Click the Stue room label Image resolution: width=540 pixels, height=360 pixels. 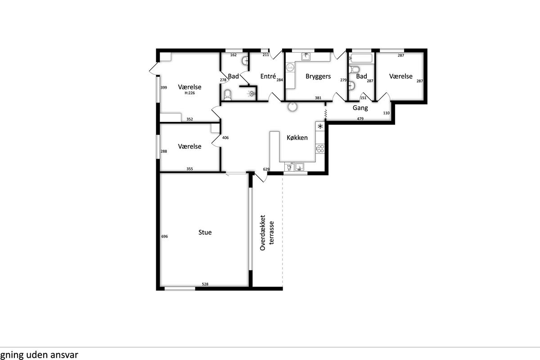pos(205,232)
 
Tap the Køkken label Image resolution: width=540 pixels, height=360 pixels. pos(297,138)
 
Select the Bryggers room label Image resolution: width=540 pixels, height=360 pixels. pos(318,76)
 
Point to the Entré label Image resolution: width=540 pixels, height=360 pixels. pos(268,76)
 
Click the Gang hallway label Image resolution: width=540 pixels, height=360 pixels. pos(360,108)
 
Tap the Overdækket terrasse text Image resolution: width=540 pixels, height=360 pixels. pos(267,233)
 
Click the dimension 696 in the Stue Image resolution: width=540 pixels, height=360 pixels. pos(164,236)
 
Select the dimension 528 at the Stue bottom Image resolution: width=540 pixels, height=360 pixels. pos(205,284)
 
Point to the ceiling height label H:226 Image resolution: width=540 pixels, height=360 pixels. pos(190,93)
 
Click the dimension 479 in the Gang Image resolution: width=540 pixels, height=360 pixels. pos(360,119)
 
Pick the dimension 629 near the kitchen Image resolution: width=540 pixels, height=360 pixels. pos(266,169)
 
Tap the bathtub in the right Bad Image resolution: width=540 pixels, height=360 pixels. pos(361,58)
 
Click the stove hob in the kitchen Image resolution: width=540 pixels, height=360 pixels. pos(320,149)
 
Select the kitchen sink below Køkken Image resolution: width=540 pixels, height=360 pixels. pos(299,166)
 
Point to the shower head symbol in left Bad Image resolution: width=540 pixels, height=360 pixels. pos(251,94)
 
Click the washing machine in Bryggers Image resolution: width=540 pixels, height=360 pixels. pos(290,67)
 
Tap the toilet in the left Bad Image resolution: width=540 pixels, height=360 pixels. pos(227,95)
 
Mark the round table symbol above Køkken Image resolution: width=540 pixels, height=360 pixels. pos(292,107)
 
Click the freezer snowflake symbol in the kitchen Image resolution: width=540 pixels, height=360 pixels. pos(320,126)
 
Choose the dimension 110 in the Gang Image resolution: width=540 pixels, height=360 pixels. pos(387,113)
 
